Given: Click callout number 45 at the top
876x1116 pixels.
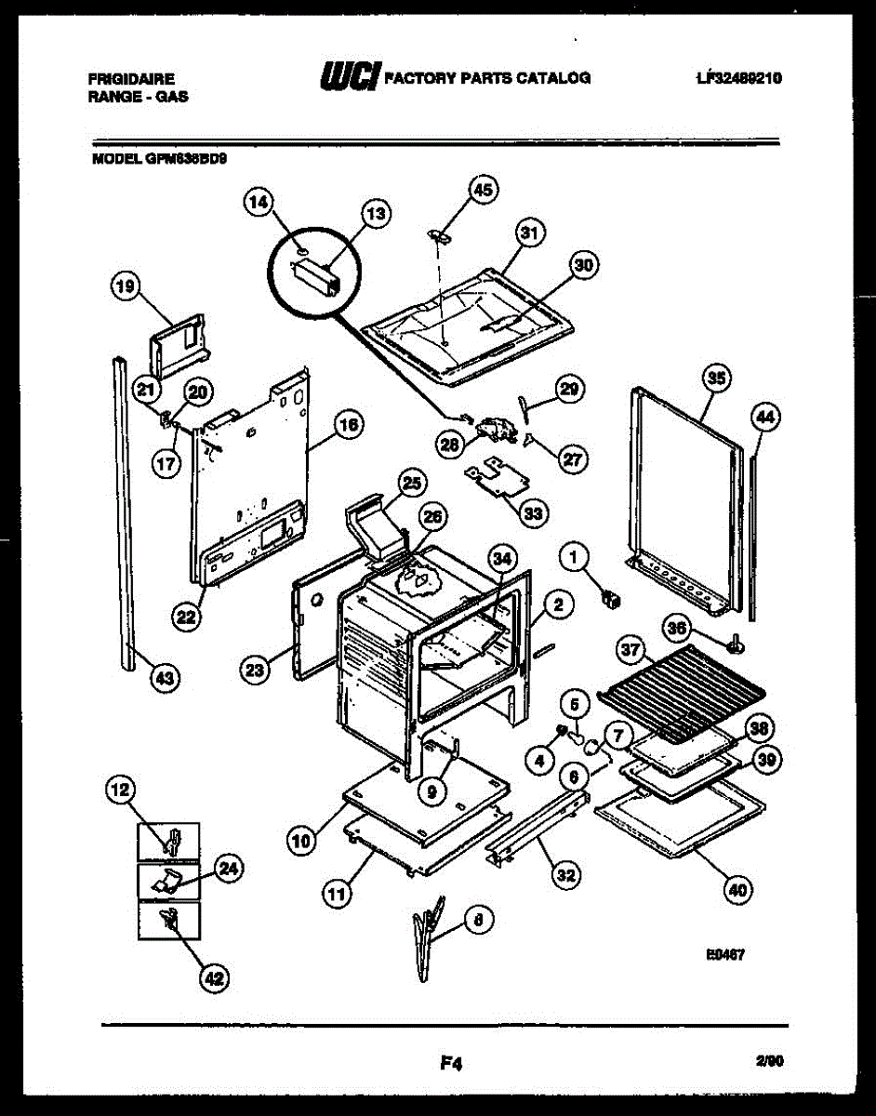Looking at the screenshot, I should (x=482, y=190).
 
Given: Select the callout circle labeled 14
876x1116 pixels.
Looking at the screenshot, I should (x=259, y=200).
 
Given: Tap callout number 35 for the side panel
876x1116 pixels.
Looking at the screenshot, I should (x=715, y=378).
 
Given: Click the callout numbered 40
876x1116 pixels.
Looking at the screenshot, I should (x=737, y=890).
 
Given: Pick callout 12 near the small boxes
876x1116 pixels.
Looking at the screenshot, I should (x=120, y=790).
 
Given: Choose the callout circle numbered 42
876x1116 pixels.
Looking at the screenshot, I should (x=215, y=977).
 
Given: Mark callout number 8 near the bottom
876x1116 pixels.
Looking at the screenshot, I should (x=477, y=921).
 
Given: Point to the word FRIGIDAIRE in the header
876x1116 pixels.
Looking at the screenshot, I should (x=131, y=79).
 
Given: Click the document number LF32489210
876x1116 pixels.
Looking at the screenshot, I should (x=737, y=78).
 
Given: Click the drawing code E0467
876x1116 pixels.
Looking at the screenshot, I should (x=728, y=953).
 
